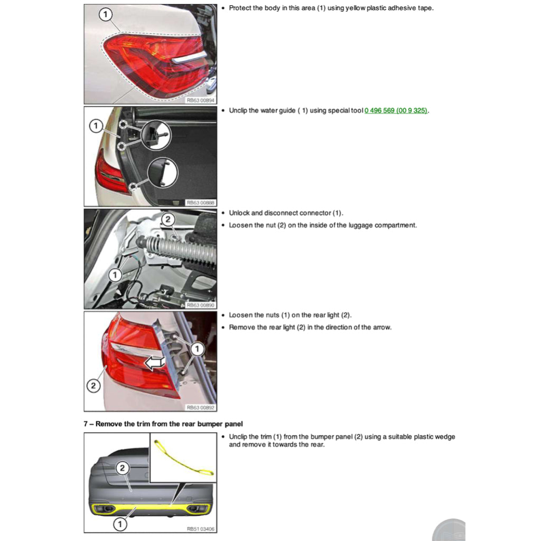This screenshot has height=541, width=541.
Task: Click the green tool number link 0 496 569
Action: coord(396,110)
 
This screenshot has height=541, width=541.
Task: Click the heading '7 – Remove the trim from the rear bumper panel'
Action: coord(163,424)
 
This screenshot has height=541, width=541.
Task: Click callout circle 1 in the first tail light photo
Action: coord(106,15)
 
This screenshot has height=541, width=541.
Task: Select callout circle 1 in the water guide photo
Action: coord(96,126)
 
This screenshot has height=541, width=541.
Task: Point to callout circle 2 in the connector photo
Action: coord(167,219)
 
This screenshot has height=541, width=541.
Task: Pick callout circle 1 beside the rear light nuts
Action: coord(197,349)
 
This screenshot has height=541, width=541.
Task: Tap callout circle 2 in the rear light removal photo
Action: coord(94,386)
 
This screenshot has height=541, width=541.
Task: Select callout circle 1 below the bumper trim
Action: coord(120,524)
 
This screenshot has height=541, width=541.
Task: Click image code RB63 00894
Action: coord(200,99)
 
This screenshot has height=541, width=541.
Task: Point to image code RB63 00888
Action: coord(200,202)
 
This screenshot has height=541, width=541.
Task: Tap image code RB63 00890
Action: coord(200,305)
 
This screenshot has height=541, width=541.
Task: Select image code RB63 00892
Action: coord(200,407)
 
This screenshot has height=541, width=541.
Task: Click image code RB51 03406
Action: coord(200,528)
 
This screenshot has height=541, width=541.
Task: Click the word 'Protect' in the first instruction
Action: coord(241,8)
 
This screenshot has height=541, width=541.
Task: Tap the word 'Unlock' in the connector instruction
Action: coord(239,213)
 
